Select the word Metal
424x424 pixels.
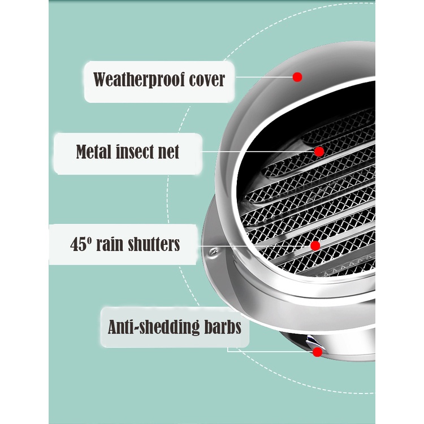(96, 152)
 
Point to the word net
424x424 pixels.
(169, 152)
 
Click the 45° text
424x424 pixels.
(81, 244)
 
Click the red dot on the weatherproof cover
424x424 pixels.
(297, 77)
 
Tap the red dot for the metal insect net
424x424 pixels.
(319, 152)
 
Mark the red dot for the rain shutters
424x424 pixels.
(315, 245)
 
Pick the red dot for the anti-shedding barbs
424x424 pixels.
(317, 352)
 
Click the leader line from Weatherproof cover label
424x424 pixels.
(263, 77)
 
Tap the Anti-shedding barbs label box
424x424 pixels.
(175, 327)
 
